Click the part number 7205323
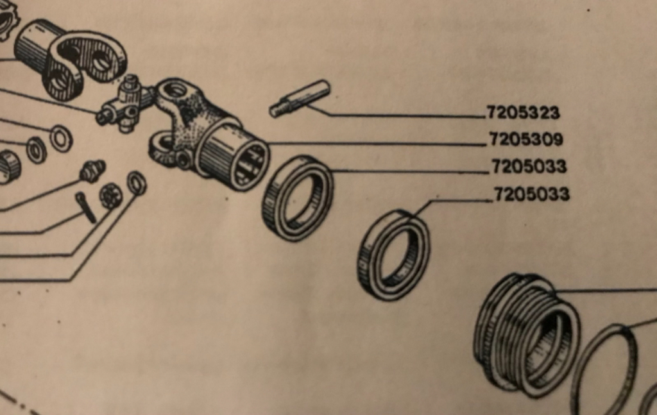tap(523, 113)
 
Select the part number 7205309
tap(526, 139)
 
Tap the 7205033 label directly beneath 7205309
tap(529, 166)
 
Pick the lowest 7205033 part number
tap(532, 194)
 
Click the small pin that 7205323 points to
tap(300, 98)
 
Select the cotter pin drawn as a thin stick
tap(86, 207)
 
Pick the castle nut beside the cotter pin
tap(110, 196)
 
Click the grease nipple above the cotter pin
tap(93, 171)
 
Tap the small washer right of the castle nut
tap(137, 183)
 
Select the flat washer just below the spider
tap(61, 138)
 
